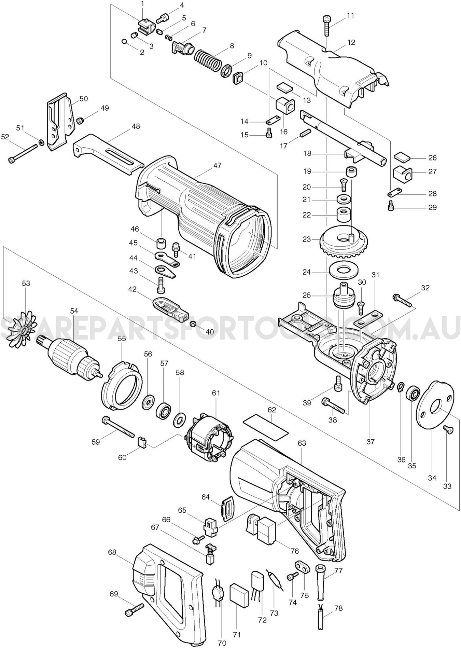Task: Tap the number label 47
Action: tap(217, 165)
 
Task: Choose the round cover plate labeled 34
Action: tap(435, 410)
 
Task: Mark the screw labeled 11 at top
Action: tap(326, 25)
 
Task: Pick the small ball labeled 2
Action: tap(124, 41)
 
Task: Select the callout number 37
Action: tap(371, 442)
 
